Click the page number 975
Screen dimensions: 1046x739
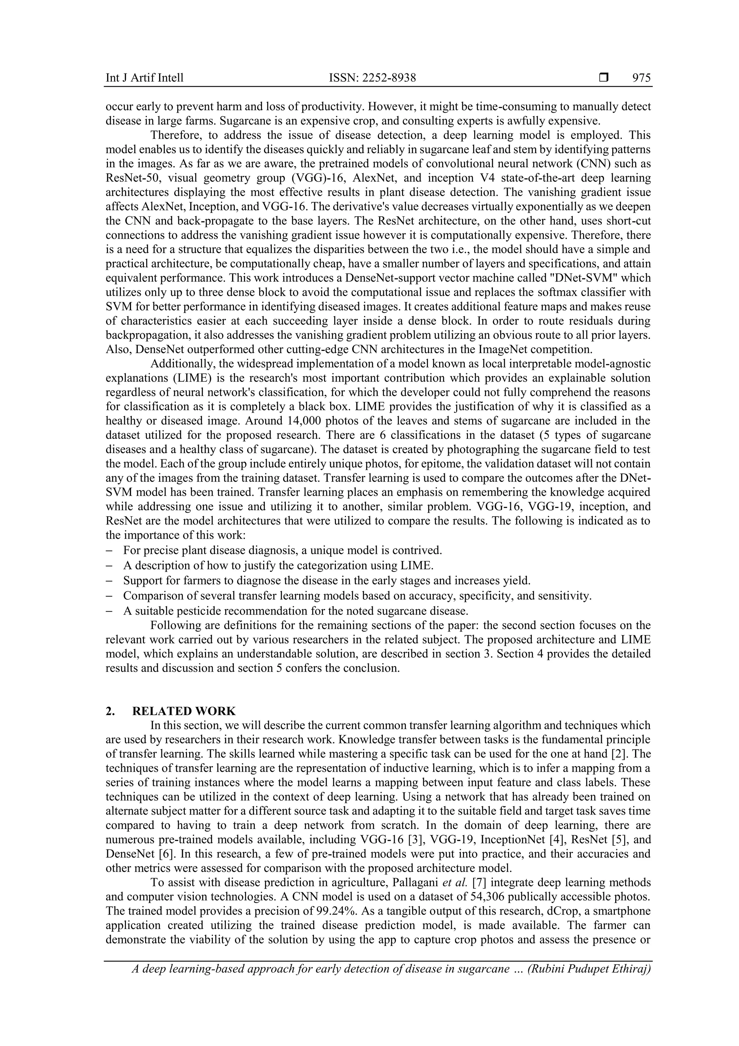[641, 78]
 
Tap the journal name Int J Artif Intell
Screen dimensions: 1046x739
[144, 78]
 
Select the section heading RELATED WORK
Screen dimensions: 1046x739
[184, 711]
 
